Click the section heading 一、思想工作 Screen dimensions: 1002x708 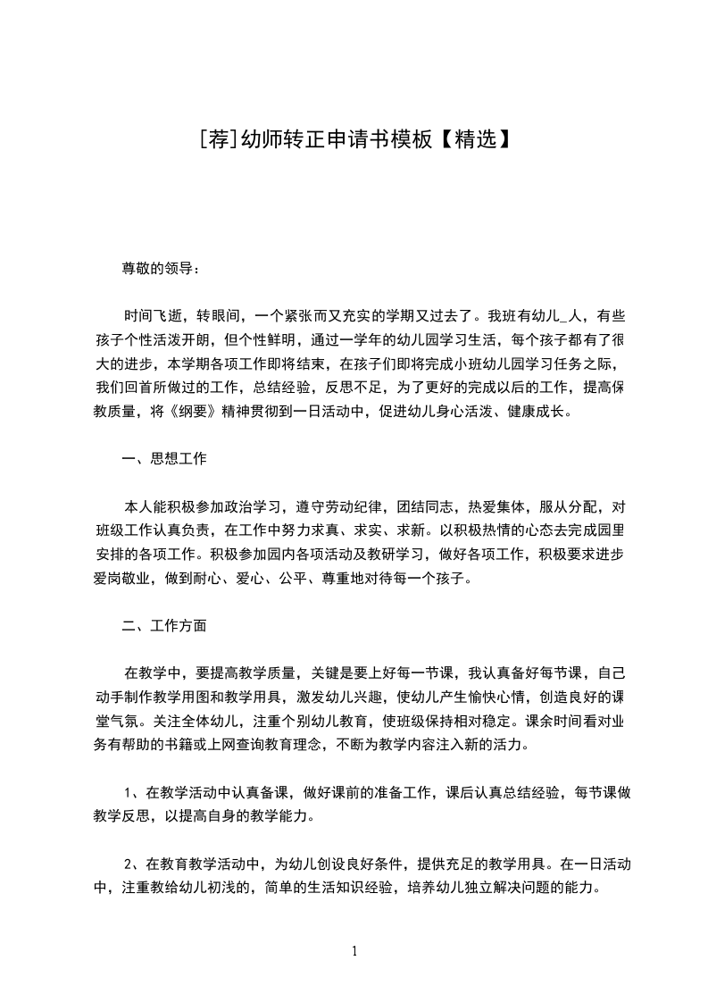[165, 460]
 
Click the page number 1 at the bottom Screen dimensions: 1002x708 [354, 952]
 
